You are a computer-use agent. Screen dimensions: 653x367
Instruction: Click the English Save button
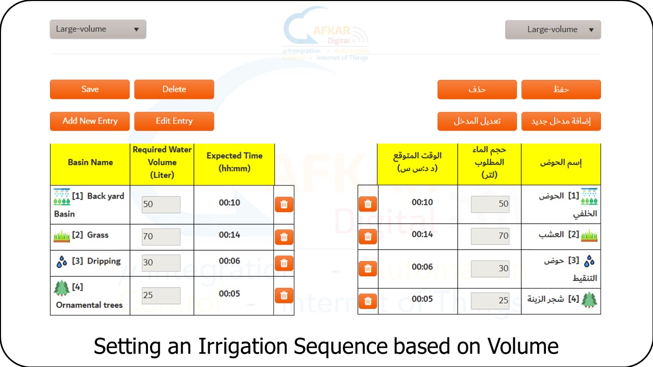(90, 89)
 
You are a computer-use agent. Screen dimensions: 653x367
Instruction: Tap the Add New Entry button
(90, 121)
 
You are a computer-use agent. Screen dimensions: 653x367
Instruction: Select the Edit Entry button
(174, 121)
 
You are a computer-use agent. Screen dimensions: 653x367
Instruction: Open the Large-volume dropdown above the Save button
(98, 29)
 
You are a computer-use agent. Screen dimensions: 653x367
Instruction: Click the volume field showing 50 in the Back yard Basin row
(161, 204)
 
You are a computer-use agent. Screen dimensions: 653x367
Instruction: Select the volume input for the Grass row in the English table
(161, 237)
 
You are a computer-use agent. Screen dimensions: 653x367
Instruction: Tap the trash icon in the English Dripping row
(284, 264)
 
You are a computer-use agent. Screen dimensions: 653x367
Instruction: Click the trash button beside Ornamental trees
(284, 296)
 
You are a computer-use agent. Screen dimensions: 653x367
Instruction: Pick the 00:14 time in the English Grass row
(230, 235)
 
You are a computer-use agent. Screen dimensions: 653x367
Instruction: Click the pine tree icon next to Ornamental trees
(62, 288)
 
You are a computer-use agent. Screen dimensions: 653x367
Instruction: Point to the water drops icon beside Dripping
(62, 261)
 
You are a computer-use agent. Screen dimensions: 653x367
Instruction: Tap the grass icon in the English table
(62, 236)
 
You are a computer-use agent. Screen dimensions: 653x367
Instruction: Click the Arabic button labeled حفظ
(561, 89)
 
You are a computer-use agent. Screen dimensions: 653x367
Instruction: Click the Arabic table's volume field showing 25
(490, 301)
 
